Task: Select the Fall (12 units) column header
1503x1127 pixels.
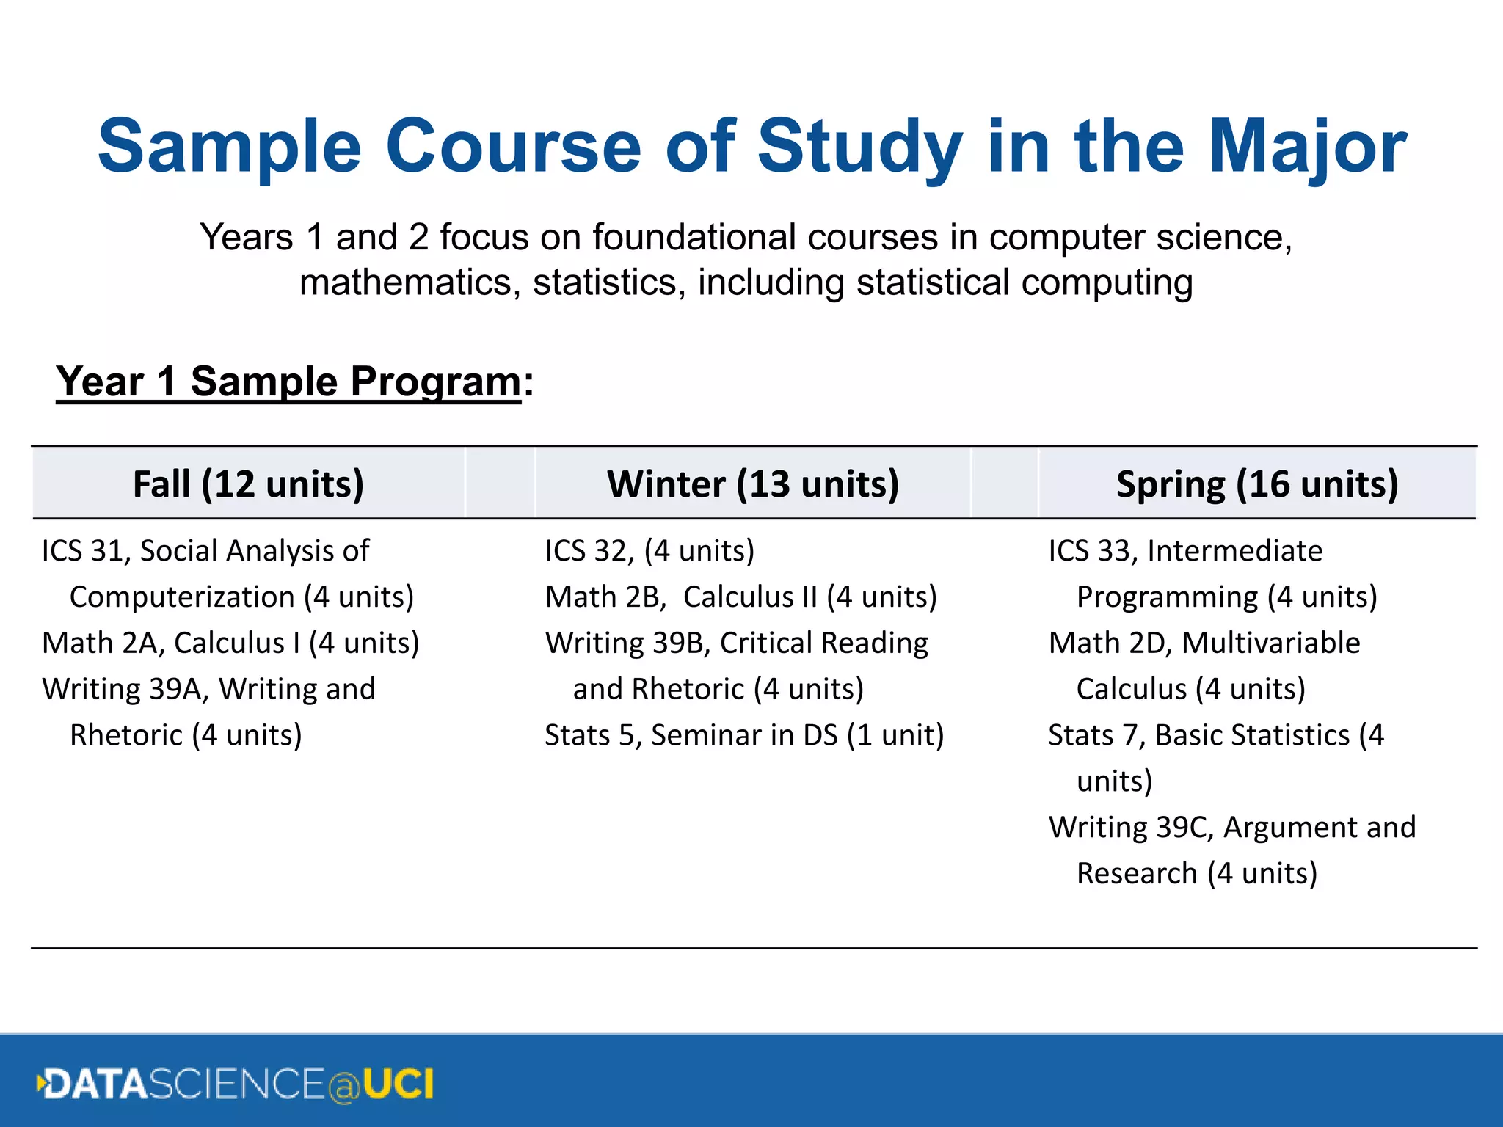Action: click(x=248, y=484)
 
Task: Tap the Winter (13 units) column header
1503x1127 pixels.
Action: click(x=753, y=484)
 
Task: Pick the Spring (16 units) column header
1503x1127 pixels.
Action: click(x=1257, y=484)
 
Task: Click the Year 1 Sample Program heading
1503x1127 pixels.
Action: click(x=294, y=382)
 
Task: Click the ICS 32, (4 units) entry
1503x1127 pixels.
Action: click(x=649, y=551)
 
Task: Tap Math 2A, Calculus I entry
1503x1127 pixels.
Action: click(x=230, y=643)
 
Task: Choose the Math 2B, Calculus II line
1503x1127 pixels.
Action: click(x=740, y=597)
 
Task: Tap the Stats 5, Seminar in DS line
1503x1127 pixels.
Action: click(x=743, y=735)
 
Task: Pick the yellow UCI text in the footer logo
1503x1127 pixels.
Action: click(x=398, y=1084)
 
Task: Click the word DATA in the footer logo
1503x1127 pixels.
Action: click(x=95, y=1084)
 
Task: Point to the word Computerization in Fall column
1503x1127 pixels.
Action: click(x=182, y=597)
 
